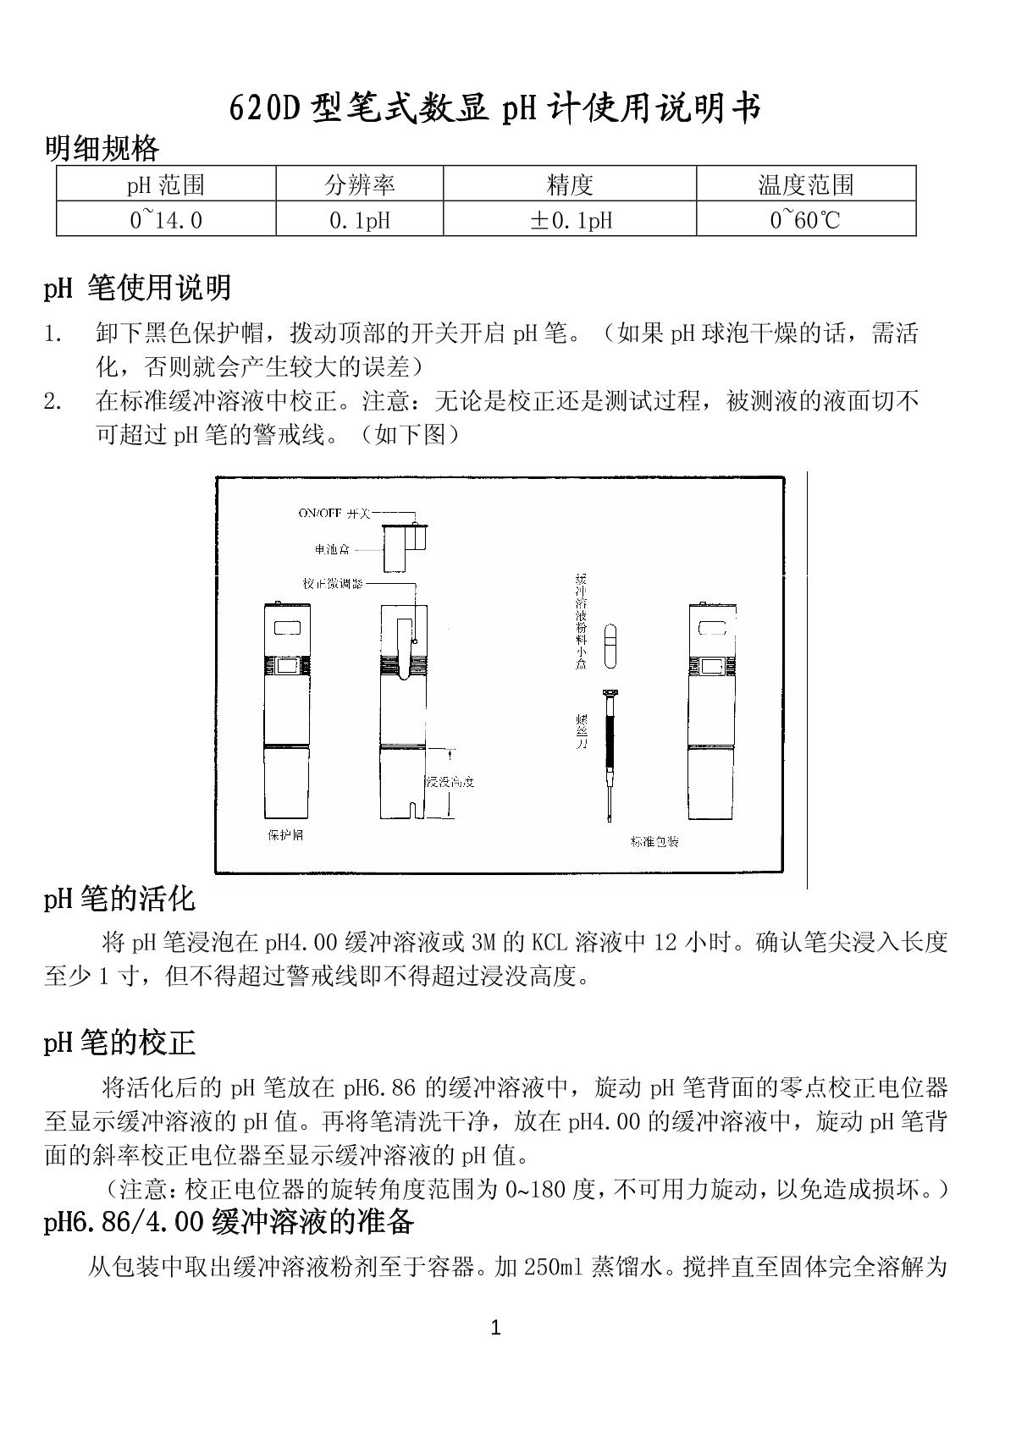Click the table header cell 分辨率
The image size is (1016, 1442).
(x=360, y=184)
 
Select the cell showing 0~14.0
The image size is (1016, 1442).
(x=166, y=220)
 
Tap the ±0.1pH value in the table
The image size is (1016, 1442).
(x=570, y=220)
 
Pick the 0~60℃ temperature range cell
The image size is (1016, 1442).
(x=805, y=220)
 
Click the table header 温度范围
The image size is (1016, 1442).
(x=805, y=184)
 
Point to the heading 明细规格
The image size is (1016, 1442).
(x=102, y=149)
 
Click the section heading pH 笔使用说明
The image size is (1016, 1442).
(x=137, y=289)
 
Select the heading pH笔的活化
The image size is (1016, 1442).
(x=119, y=899)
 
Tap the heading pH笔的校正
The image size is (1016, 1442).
(x=119, y=1043)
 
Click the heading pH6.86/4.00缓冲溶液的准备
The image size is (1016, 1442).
(x=229, y=1223)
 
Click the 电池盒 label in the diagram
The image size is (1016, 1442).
(x=332, y=550)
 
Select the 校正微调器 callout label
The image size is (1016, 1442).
(x=333, y=584)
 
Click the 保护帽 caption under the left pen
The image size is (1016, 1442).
(x=285, y=835)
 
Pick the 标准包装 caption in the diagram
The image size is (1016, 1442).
(x=654, y=841)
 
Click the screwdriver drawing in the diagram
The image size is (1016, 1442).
(x=609, y=753)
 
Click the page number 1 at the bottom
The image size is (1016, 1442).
(x=496, y=1329)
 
